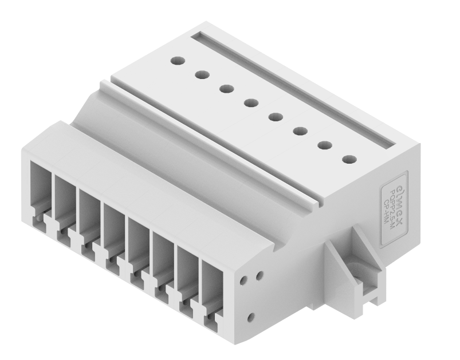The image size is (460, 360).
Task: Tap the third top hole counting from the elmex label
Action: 300,131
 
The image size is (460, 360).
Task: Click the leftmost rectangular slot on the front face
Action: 40,189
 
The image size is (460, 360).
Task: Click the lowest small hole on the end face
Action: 250,317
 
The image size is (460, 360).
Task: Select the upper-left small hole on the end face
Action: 245,281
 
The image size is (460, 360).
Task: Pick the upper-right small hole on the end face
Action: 259,275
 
